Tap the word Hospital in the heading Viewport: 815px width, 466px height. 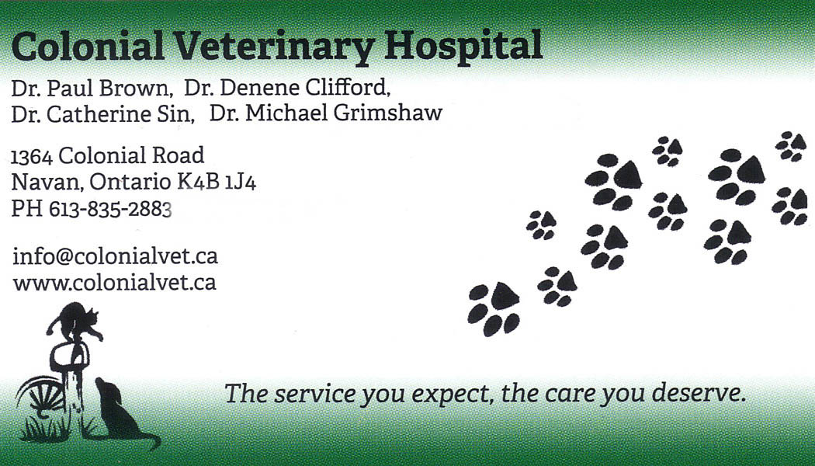click(x=463, y=46)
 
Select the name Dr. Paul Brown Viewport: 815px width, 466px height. click(x=91, y=89)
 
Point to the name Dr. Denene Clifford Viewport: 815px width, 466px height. click(x=286, y=88)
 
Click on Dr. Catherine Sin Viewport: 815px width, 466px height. click(x=102, y=114)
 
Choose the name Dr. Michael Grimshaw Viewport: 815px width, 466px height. click(x=326, y=113)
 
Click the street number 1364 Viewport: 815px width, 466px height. click(x=32, y=157)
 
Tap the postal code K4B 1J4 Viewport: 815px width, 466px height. click(x=217, y=182)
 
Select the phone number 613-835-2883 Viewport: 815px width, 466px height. click(x=110, y=209)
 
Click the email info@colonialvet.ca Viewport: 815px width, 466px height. click(x=115, y=256)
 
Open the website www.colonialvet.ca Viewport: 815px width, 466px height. click(x=114, y=283)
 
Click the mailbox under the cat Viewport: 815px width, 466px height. click(x=70, y=356)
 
